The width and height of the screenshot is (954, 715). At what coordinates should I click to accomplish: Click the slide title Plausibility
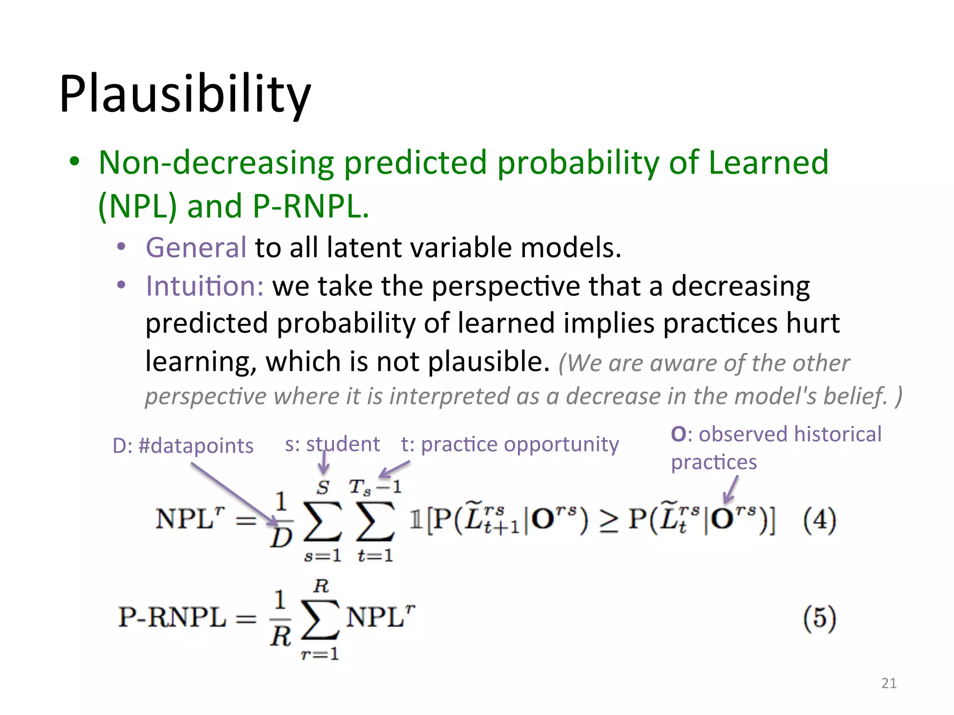pos(185,94)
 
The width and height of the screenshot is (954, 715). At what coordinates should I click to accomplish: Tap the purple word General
pos(196,247)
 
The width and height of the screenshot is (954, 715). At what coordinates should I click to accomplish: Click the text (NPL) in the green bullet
pos(138,206)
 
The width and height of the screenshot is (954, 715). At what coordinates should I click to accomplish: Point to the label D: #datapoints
pos(183,445)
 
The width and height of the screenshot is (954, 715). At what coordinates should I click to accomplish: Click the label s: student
pos(332,444)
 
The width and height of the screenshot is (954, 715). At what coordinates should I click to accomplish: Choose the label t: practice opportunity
pos(510,444)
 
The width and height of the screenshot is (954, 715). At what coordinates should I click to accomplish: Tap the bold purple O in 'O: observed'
pos(678,434)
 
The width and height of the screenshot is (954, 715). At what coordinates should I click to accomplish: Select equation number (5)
pos(819,618)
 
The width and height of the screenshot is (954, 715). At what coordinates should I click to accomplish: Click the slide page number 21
pos(889,683)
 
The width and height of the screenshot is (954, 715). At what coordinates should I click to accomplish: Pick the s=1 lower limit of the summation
pos(322,555)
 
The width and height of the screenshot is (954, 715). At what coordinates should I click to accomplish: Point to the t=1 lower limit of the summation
pos(375,555)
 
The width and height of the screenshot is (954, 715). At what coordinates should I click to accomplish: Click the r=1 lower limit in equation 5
pos(320,654)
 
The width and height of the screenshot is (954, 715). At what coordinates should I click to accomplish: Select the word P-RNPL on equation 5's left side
pos(172,618)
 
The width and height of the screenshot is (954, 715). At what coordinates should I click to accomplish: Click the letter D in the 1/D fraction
pos(281,539)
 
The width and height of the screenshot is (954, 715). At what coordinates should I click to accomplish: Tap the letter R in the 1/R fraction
pos(280,636)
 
